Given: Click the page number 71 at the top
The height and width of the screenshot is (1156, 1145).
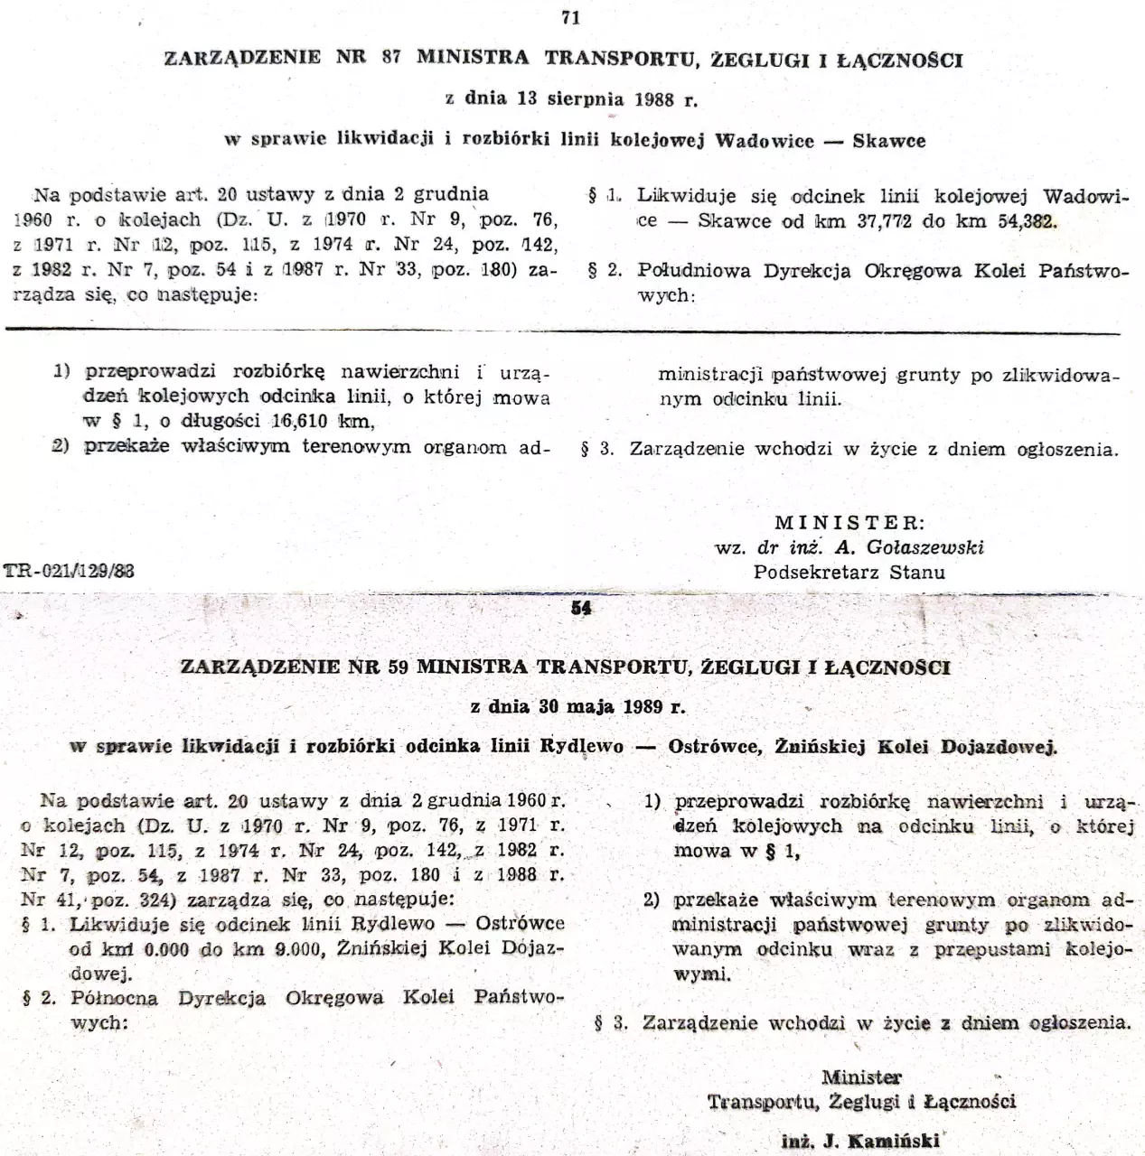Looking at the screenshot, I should click(570, 17).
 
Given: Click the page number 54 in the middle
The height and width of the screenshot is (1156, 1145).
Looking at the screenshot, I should click(581, 609).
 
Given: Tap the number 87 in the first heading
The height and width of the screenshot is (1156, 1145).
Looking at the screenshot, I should click(390, 60).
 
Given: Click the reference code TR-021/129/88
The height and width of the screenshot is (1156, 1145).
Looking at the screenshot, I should click(70, 571).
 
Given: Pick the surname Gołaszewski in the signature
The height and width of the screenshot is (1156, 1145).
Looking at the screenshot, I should click(924, 547).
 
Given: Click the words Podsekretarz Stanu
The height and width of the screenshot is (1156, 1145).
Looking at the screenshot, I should click(849, 572).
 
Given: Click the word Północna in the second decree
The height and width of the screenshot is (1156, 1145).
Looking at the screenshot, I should click(114, 998).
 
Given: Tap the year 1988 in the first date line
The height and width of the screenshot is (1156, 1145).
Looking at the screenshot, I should click(654, 99).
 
